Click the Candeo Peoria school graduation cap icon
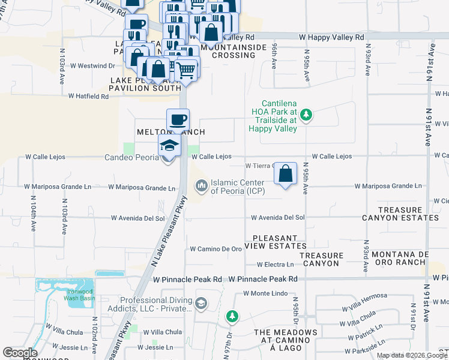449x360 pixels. (x=169, y=145)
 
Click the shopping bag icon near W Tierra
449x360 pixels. (x=286, y=174)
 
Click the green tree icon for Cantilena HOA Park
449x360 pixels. (x=306, y=114)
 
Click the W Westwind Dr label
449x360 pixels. (x=92, y=65)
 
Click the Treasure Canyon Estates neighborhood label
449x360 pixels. (x=400, y=214)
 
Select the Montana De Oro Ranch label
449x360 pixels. (x=408, y=259)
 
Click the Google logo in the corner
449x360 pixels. (x=20, y=353)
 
